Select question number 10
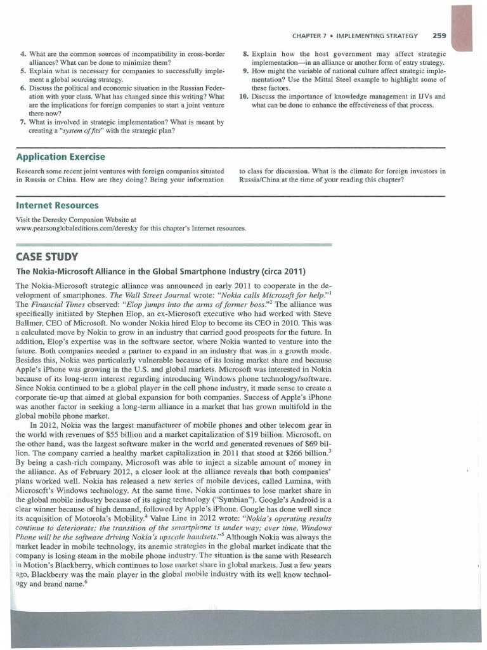[x=243, y=96]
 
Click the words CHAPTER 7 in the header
[x=312, y=36]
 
